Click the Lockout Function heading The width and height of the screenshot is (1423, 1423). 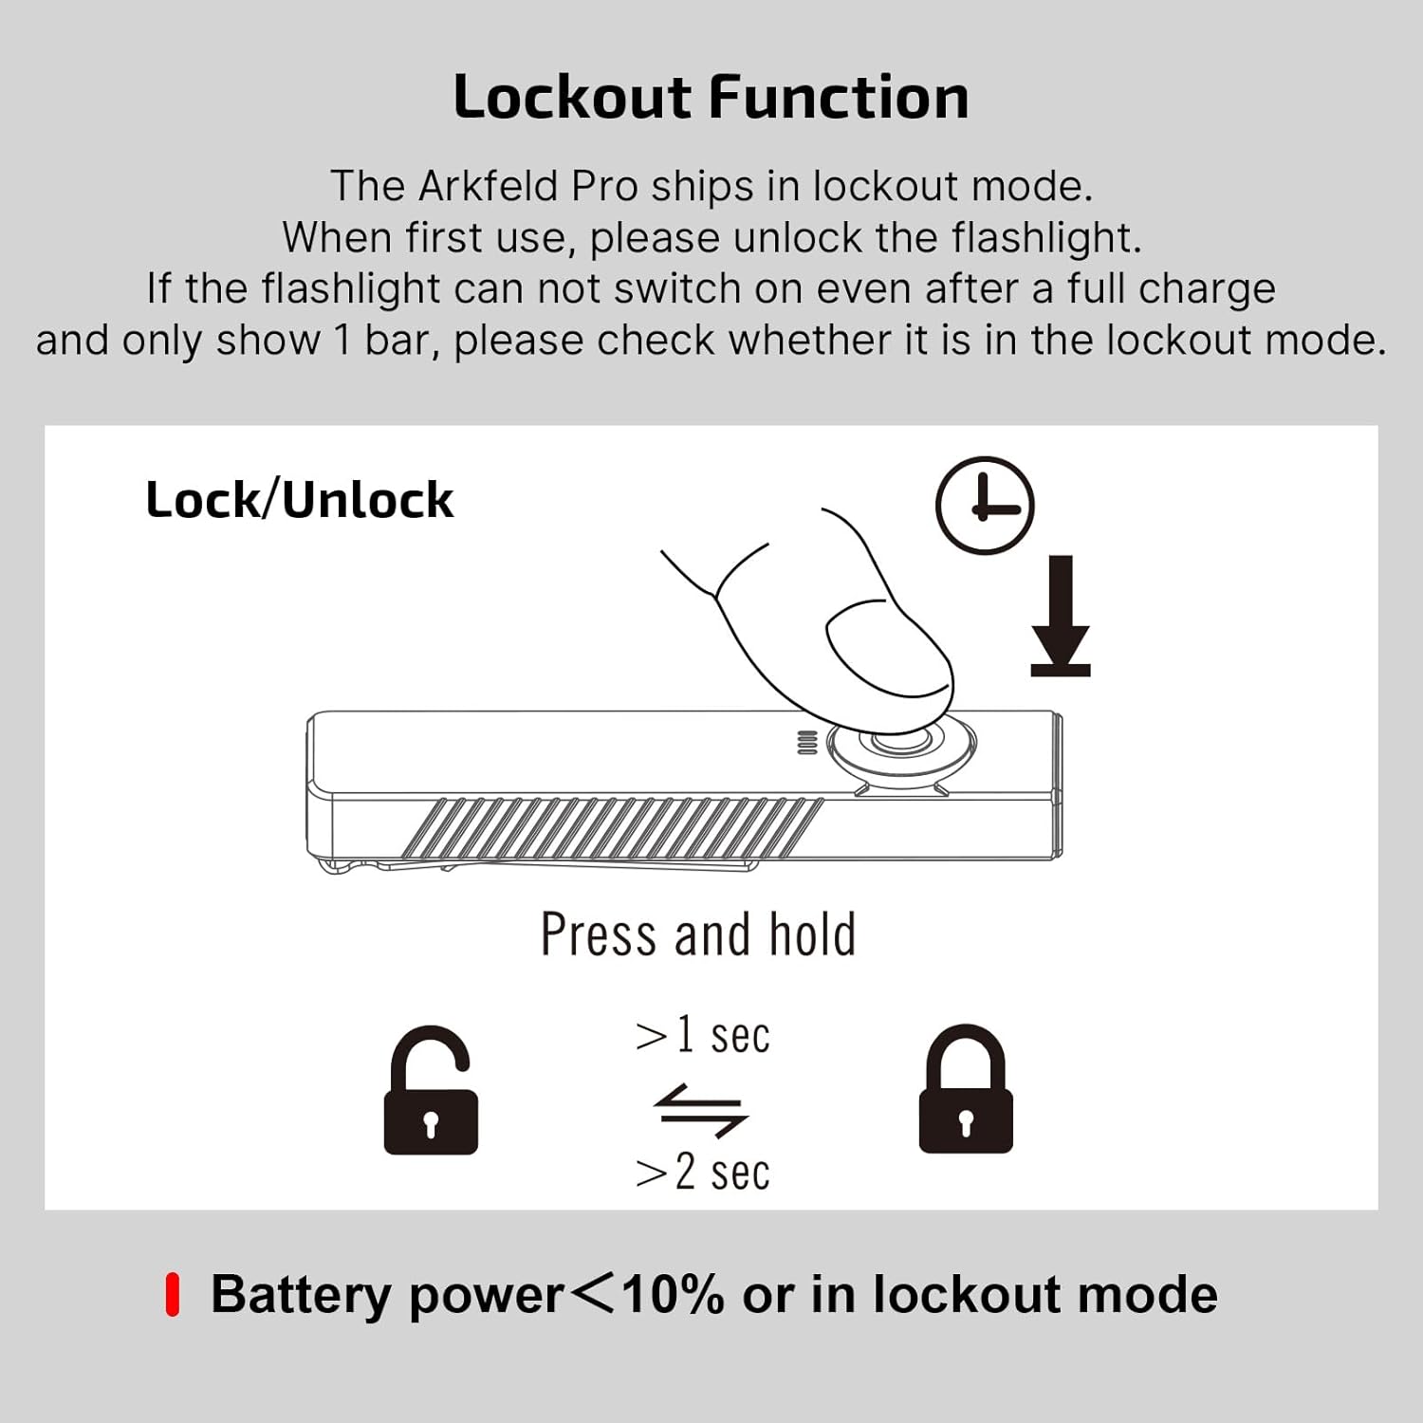(x=711, y=98)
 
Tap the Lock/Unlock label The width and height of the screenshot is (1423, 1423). (x=300, y=500)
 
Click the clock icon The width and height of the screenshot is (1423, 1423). (x=985, y=506)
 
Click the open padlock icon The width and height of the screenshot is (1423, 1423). (x=431, y=1091)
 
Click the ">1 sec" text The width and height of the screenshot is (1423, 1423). (x=703, y=1035)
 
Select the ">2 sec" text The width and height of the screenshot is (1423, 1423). (x=703, y=1173)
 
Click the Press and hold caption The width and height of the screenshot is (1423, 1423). (x=698, y=934)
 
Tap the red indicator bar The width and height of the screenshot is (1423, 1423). (x=173, y=1295)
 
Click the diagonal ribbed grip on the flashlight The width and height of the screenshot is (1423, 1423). (x=613, y=828)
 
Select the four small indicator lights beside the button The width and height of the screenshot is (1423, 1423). (x=806, y=743)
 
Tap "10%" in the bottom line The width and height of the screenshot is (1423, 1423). (x=674, y=1295)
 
